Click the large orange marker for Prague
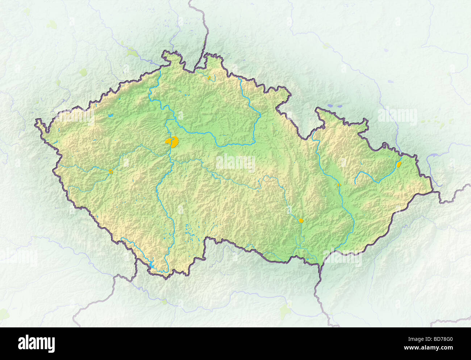[x=172, y=142]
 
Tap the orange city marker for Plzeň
[x=111, y=171]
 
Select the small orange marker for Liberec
[x=209, y=78]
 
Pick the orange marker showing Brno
[x=301, y=220]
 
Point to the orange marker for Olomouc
[x=339, y=185]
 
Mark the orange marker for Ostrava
[x=399, y=164]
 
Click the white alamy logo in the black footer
[x=36, y=343]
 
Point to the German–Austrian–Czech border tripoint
[x=136, y=259]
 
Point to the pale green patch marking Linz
[x=165, y=301]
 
